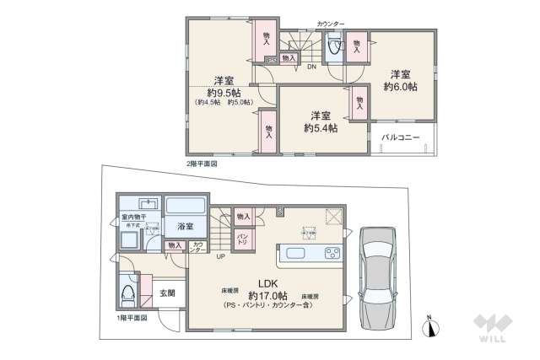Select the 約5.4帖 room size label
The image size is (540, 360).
[321, 129]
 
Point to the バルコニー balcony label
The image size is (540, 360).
[400, 136]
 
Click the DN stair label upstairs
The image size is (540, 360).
[311, 67]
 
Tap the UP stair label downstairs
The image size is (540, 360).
[220, 257]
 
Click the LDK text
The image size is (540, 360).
[268, 283]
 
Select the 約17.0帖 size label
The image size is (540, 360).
[268, 296]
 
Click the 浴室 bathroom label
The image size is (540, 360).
[185, 227]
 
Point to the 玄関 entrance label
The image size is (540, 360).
[167, 293]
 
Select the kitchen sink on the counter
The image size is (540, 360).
[300, 252]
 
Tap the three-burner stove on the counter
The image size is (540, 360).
[331, 252]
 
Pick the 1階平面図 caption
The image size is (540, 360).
[132, 318]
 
